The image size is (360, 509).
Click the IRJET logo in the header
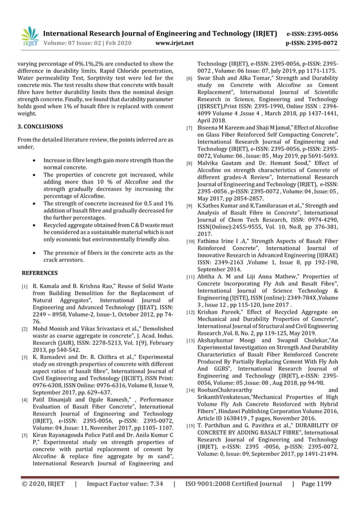29,37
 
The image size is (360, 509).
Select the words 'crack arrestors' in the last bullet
69,260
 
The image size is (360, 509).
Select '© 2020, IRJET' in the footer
40,484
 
